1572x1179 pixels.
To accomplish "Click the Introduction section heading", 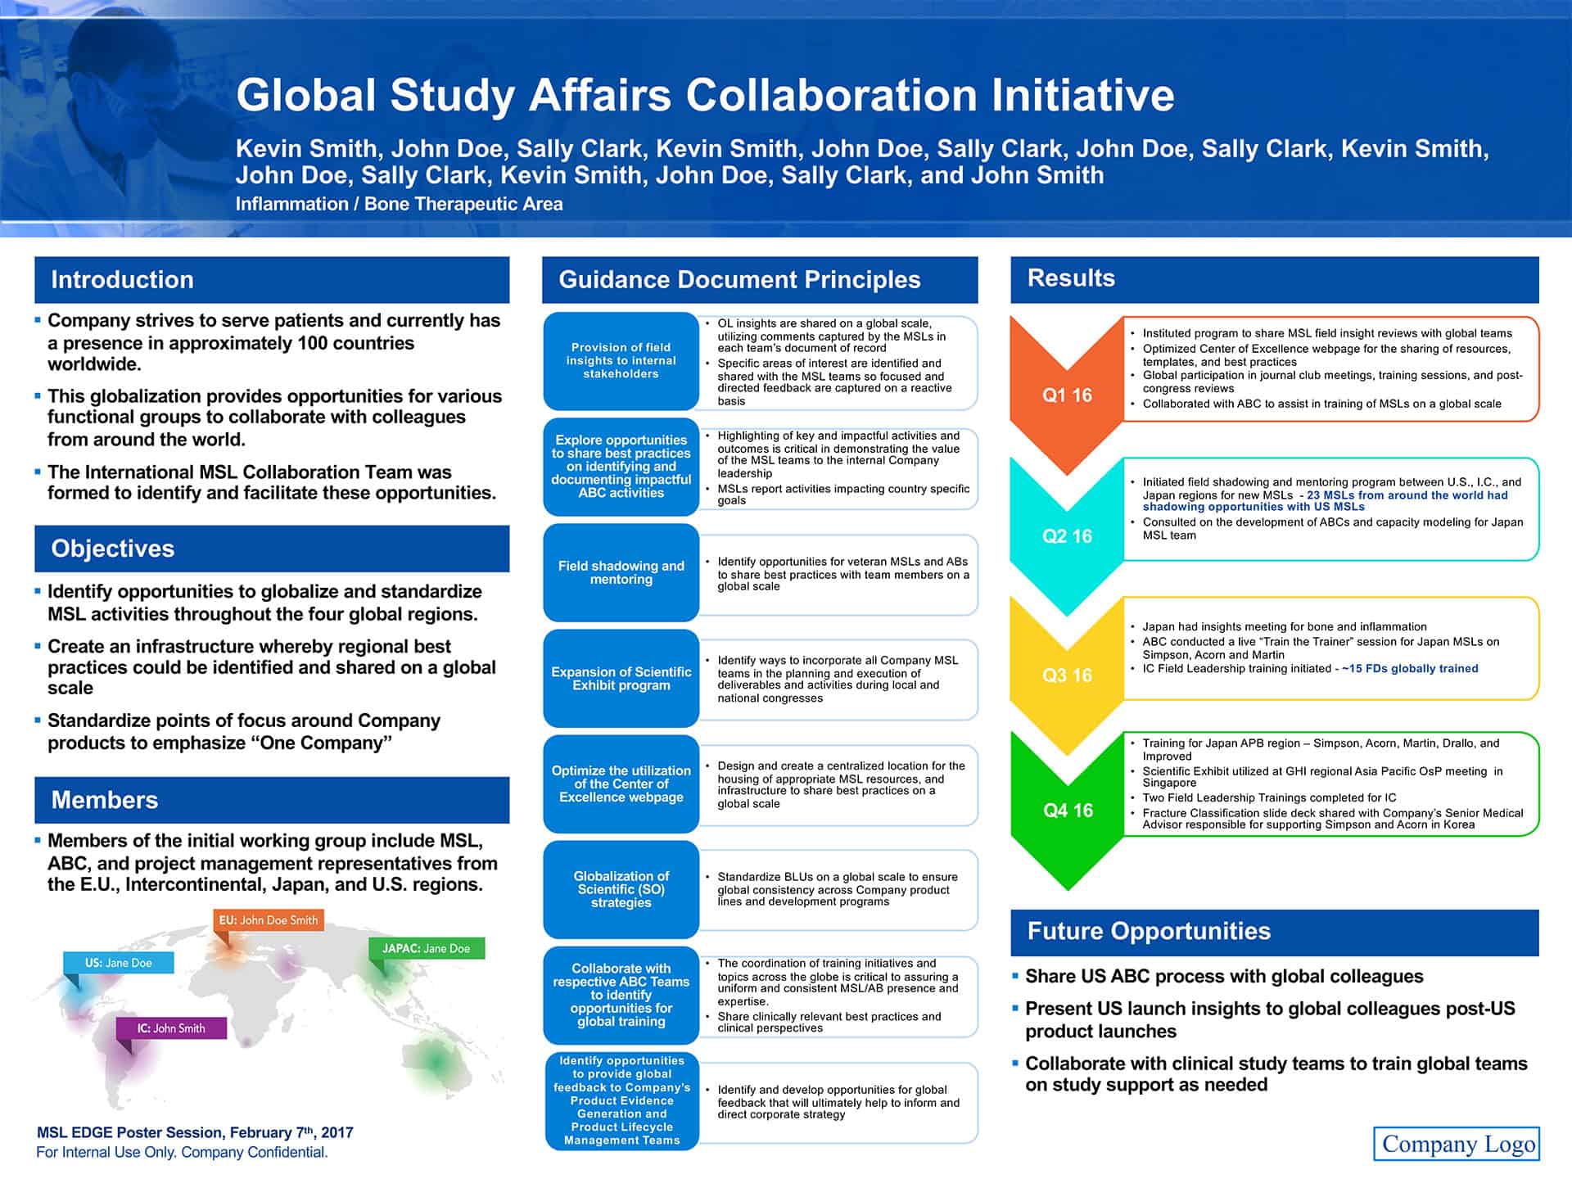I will (123, 280).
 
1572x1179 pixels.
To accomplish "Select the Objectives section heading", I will (113, 549).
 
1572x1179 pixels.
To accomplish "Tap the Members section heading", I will (105, 800).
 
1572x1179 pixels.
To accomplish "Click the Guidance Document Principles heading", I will (739, 280).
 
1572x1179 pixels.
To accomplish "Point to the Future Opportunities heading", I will (1149, 932).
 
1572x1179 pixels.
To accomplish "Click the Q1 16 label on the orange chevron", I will (1067, 395).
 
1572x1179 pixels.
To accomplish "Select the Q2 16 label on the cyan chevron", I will (1067, 536).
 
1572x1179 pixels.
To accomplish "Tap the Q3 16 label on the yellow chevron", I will (1067, 675).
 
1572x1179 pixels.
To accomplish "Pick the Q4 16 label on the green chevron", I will (1068, 811).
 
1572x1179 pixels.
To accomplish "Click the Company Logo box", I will (1457, 1144).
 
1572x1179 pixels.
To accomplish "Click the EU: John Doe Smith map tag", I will (269, 920).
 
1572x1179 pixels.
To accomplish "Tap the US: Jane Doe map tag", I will (119, 963).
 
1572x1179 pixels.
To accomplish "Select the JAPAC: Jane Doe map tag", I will (426, 948).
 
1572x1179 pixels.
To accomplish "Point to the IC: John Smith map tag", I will (171, 1028).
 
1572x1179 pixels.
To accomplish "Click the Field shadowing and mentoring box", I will (621, 573).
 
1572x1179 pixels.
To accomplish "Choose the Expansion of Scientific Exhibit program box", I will (621, 679).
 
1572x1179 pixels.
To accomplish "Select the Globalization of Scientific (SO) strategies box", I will (621, 889).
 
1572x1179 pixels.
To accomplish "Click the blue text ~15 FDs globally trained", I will (1410, 669).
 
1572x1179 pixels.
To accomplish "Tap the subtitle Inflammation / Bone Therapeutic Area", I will (399, 204).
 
